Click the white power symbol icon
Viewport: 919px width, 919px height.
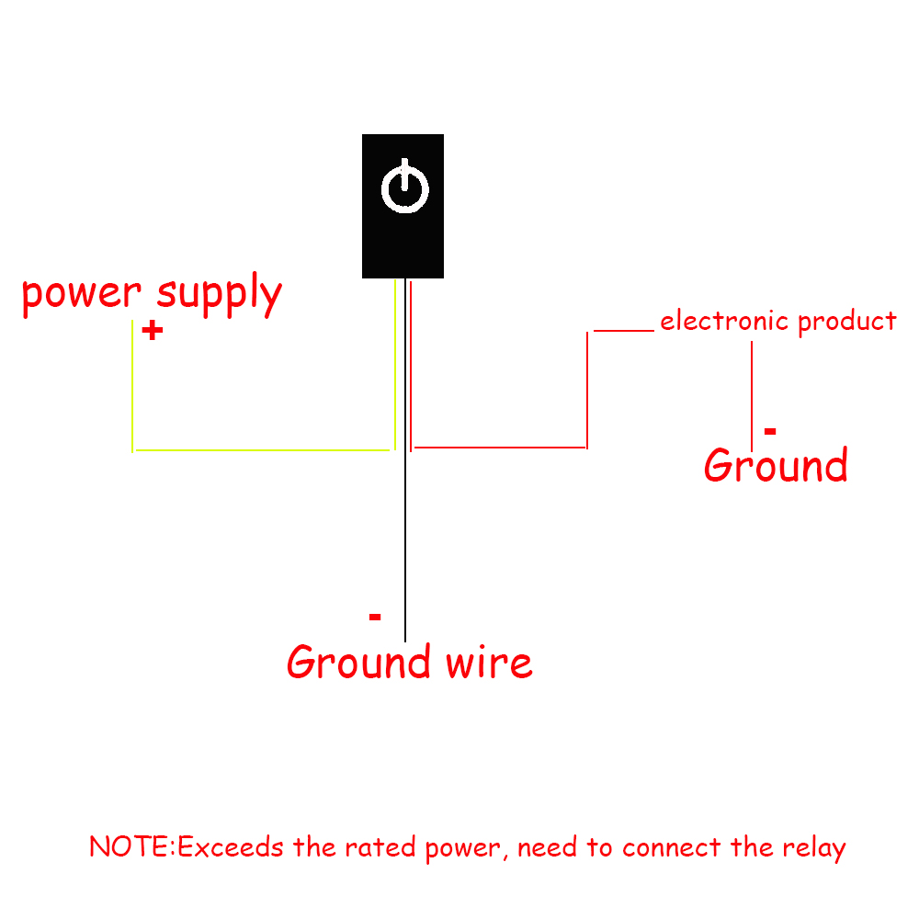404,187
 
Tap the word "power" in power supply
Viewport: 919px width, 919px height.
82,295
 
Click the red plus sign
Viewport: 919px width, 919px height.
153,331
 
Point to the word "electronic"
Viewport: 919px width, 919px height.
724,322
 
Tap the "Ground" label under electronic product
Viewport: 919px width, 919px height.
776,466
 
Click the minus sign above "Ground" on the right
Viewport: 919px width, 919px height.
770,431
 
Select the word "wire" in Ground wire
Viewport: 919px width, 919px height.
489,663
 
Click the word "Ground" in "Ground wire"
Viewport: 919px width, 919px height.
359,663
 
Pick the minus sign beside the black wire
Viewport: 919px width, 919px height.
375,617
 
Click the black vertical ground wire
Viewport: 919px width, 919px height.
405,551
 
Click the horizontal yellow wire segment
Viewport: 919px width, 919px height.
262,450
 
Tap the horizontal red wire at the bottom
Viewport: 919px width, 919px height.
501,448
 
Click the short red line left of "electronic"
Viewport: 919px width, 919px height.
623,330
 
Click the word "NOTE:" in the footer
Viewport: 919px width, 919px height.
131,846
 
